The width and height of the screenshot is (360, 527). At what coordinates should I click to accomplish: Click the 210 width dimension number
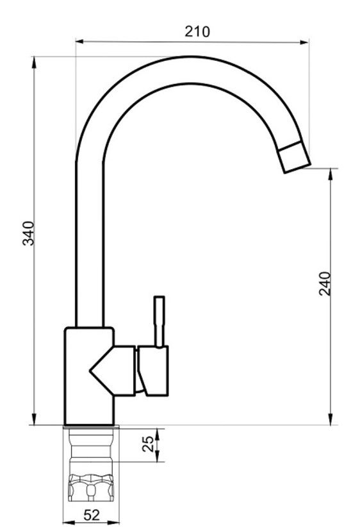click(x=197, y=31)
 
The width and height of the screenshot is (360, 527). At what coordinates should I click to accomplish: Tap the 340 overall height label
click(x=28, y=233)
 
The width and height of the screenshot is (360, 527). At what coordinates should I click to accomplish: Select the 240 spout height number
click(x=325, y=283)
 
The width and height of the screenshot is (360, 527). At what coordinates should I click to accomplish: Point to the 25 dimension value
click(x=148, y=444)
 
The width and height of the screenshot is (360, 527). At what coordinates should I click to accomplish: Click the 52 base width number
click(x=92, y=515)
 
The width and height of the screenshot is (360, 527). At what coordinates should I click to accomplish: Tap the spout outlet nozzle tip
click(x=294, y=157)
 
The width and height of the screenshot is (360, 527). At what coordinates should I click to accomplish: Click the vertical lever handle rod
click(x=159, y=321)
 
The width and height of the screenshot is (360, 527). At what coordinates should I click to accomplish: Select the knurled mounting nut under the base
click(x=91, y=487)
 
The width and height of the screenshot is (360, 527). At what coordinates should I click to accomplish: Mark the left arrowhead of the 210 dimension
click(x=79, y=42)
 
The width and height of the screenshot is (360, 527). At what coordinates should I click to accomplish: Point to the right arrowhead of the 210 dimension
click(x=304, y=42)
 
